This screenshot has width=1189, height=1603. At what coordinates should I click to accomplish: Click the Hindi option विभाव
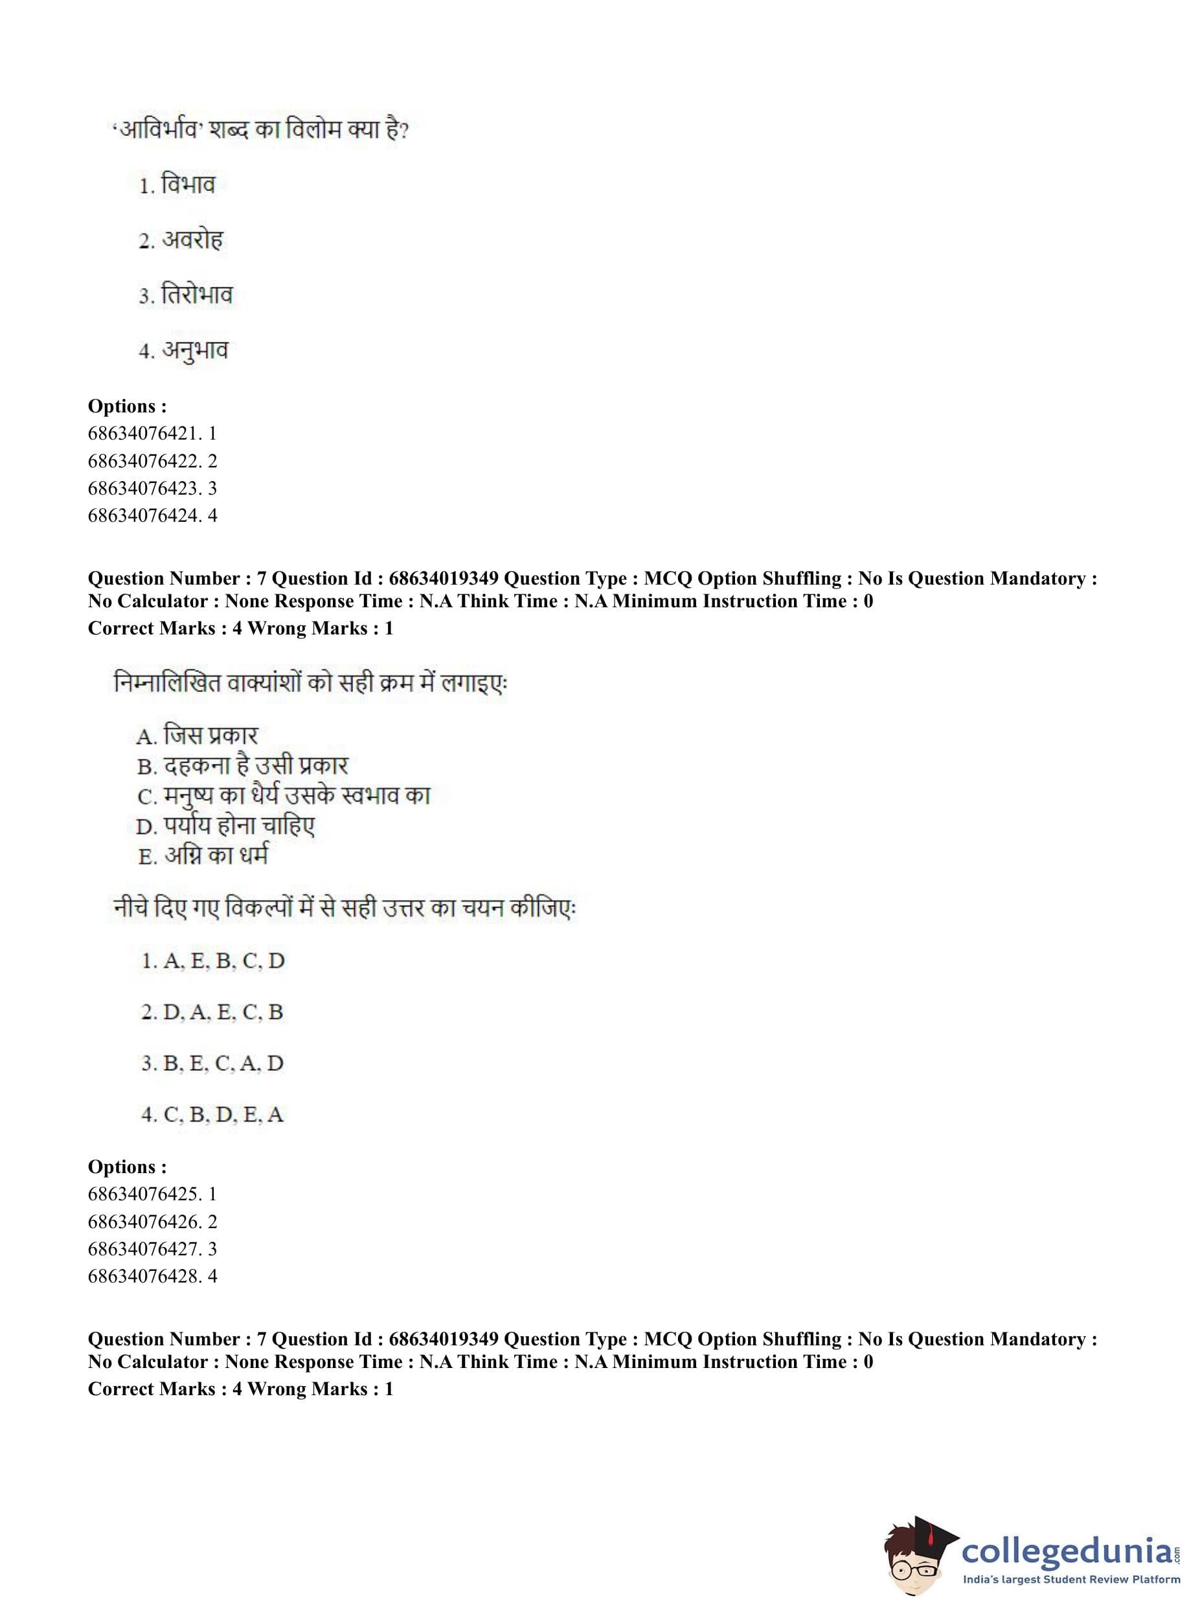coord(187,185)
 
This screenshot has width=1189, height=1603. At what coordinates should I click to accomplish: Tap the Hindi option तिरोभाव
coord(196,295)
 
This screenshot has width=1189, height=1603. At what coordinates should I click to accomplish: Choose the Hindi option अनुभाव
coord(194,350)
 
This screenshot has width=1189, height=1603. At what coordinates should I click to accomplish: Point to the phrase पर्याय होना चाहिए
coord(238,825)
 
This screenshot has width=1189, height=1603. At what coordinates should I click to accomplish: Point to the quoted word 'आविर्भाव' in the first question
coord(155,130)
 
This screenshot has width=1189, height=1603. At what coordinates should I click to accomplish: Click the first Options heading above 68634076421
coord(128,406)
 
